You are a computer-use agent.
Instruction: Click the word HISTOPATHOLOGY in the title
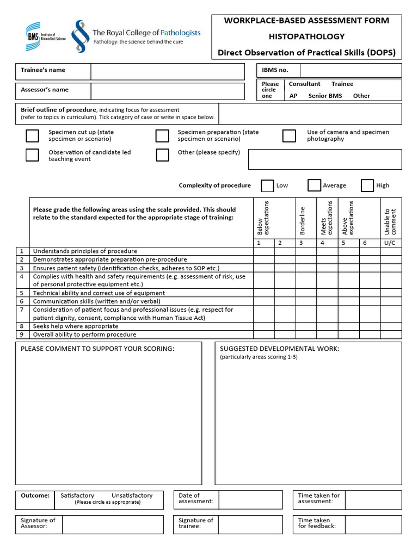coord(306,36)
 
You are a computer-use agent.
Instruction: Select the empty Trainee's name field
coord(168,71)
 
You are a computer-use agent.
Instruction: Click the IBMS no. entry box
coord(351,70)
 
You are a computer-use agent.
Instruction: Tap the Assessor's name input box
coord(168,91)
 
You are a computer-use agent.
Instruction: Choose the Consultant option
coord(304,84)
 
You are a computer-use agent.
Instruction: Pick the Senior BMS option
coord(325,96)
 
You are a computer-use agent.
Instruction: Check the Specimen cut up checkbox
coord(33,135)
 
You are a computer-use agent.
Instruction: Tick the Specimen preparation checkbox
coord(162,135)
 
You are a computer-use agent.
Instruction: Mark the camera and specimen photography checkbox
coord(289,135)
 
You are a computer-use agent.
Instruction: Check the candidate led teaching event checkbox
coord(33,155)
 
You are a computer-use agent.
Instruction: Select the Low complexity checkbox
coord(267,185)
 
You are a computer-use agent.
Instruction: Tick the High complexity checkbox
coord(367,185)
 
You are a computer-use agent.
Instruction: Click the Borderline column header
coord(303,220)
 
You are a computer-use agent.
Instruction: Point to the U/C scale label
coord(390,243)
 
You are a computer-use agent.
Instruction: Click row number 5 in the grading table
coord(22,293)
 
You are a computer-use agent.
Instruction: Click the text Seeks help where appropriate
coord(76,326)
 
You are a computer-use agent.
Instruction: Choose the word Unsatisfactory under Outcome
coord(132,496)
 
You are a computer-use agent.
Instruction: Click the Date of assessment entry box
coord(250,499)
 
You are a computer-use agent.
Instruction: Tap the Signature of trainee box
coord(250,524)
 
